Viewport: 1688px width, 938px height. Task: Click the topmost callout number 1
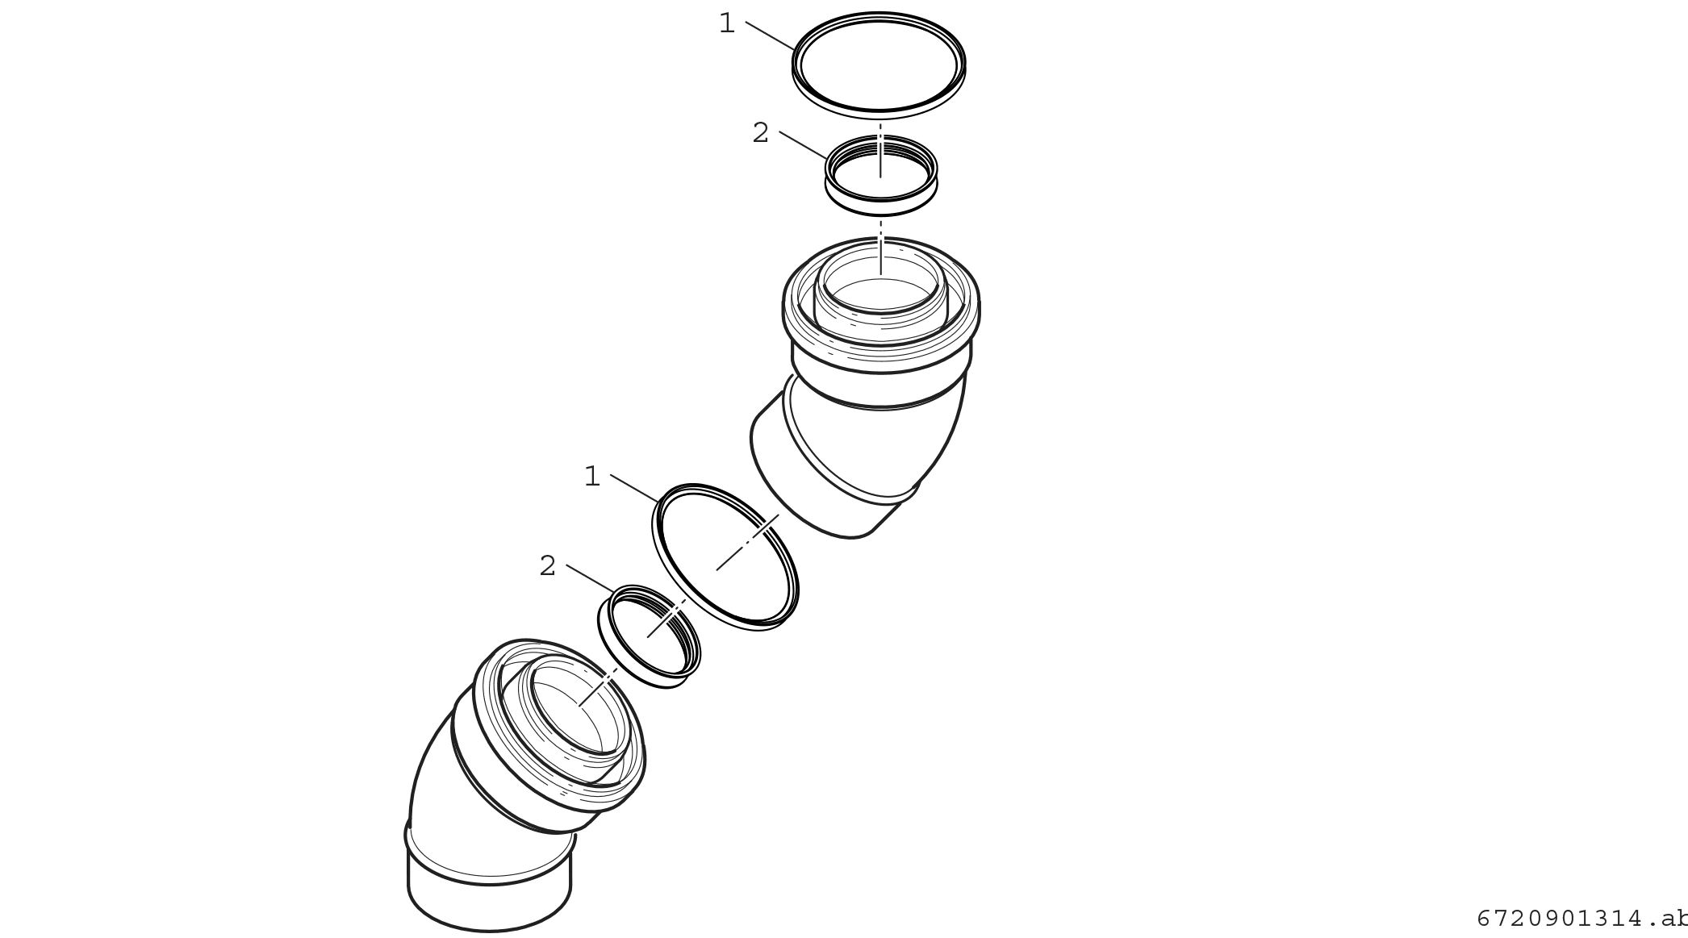(727, 23)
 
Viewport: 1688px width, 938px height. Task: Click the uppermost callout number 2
(760, 132)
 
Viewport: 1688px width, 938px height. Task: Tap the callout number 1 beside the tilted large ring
(592, 476)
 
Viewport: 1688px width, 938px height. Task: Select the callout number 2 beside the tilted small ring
(548, 566)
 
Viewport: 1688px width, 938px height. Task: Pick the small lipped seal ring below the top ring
(881, 209)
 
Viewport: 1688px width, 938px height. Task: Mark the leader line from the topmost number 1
(770, 35)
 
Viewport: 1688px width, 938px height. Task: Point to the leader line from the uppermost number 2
(803, 144)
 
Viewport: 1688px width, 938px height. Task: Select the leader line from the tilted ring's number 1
(634, 489)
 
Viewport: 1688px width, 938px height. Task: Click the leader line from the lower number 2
(590, 578)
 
